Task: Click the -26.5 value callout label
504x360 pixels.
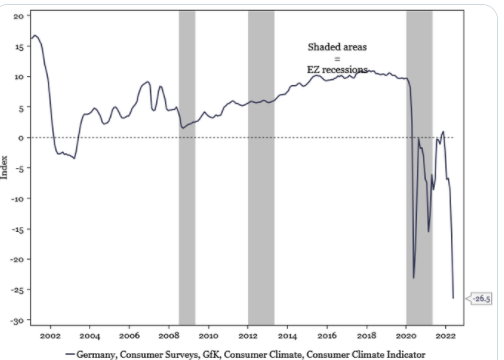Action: pos(479,298)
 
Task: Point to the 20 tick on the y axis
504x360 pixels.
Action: pos(19,16)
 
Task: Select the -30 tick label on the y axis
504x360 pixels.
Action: pos(17,321)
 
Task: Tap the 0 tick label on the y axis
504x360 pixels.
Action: pos(21,138)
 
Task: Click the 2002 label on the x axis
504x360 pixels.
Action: pos(50,336)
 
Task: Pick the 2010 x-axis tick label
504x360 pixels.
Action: pos(208,336)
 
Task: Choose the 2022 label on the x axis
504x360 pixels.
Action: pos(446,336)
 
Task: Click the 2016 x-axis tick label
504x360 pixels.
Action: pos(327,336)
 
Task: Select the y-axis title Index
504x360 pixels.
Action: pos(4,167)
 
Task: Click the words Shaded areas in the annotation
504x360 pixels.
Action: pos(337,47)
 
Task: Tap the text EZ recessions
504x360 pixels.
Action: pos(337,70)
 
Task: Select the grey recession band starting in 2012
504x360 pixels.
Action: pos(261,168)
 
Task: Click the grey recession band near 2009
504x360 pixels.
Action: pos(187,168)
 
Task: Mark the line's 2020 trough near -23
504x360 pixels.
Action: pos(414,278)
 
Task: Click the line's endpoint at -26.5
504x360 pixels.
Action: pos(453,298)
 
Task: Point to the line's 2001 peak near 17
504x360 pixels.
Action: pos(35,35)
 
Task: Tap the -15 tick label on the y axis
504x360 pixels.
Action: pos(17,229)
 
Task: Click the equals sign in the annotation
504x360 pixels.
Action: pos(337,59)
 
